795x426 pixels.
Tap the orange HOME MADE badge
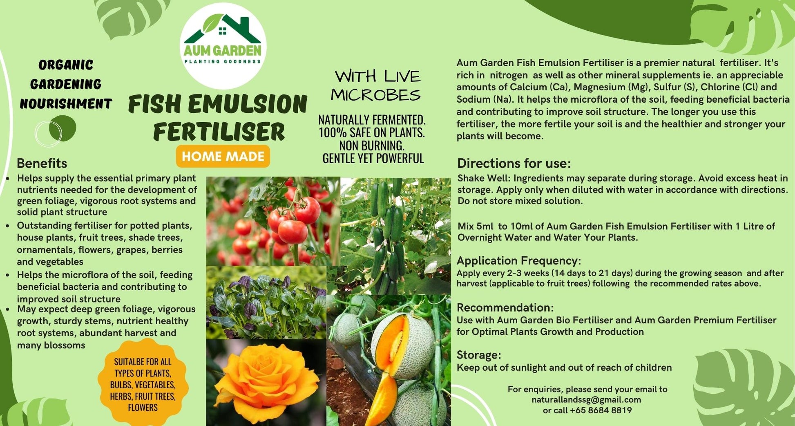point(223,156)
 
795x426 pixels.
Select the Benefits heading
point(42,163)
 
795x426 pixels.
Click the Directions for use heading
point(514,163)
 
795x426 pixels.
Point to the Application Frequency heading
point(518,260)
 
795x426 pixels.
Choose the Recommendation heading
point(505,307)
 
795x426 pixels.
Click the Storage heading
point(478,354)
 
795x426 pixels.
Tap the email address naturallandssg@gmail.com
point(586,399)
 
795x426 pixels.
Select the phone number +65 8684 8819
point(601,410)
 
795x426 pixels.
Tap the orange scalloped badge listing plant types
point(143,384)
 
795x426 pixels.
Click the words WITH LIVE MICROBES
point(376,85)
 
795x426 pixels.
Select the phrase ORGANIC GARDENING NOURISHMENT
point(66,84)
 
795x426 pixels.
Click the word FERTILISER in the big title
point(219,132)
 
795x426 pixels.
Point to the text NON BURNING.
point(372,145)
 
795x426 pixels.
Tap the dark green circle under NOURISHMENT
point(63,128)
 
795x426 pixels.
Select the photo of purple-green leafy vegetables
point(266,303)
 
